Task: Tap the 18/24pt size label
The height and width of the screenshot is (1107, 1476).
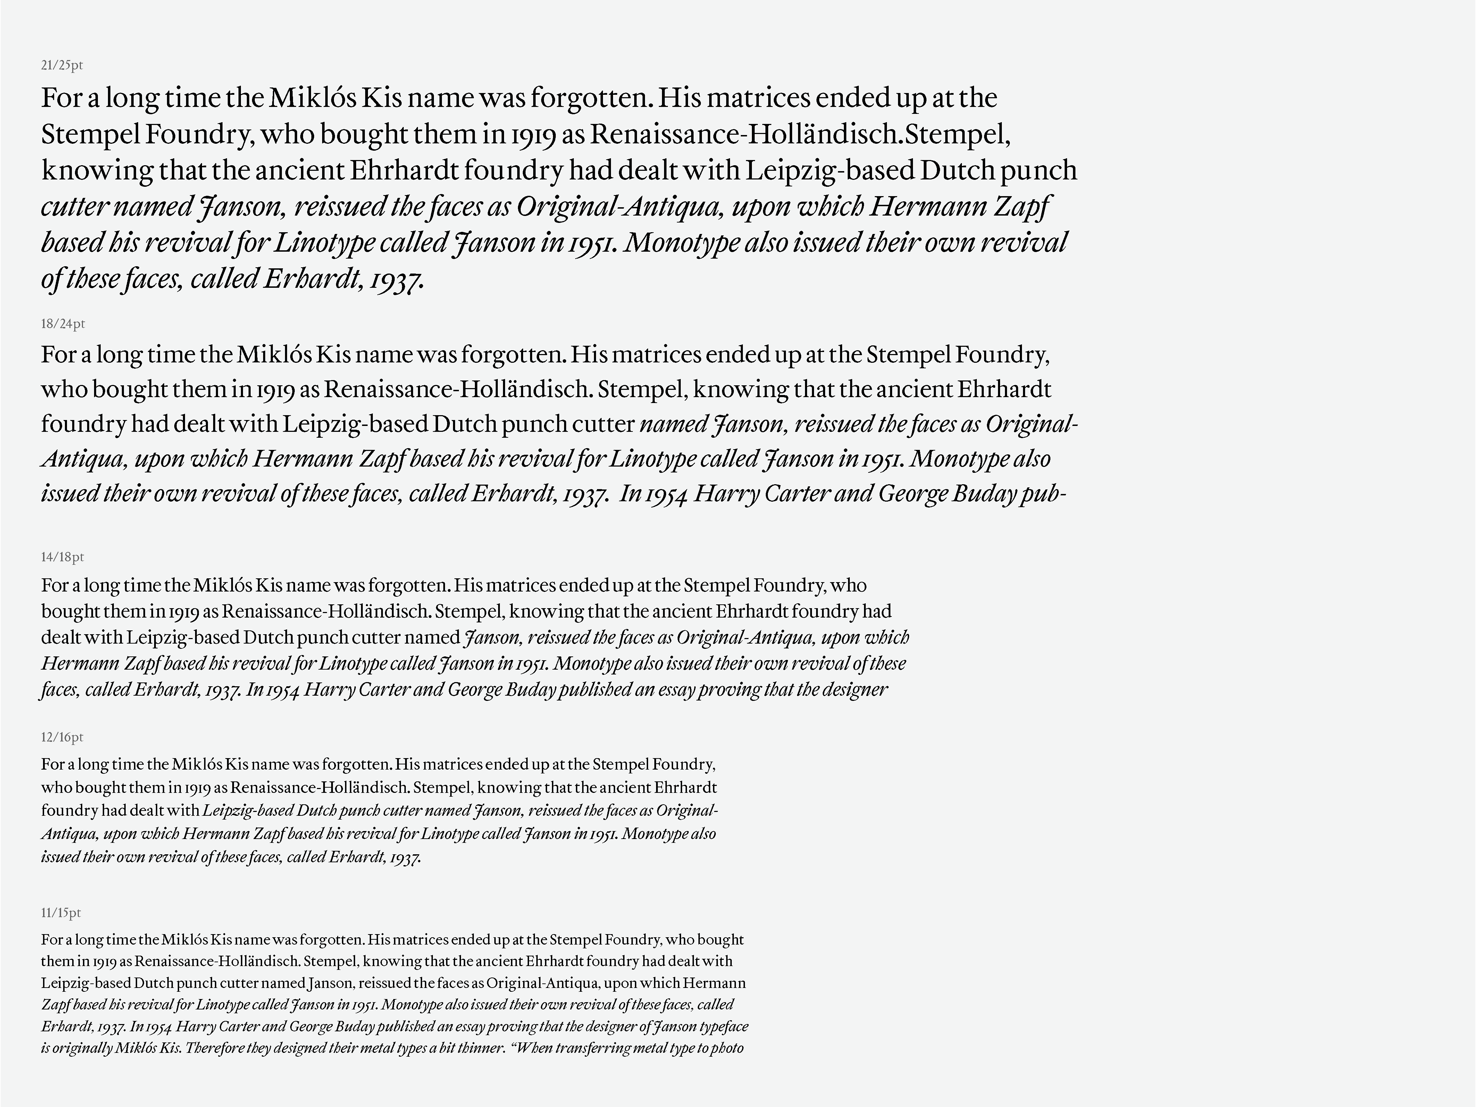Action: pos(63,324)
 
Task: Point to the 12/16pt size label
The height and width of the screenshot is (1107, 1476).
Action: pos(62,737)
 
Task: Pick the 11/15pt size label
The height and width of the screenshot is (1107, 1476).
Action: pos(61,913)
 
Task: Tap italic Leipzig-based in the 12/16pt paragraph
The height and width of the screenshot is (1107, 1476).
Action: pos(247,811)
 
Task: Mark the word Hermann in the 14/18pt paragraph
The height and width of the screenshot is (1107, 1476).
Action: pos(80,664)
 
